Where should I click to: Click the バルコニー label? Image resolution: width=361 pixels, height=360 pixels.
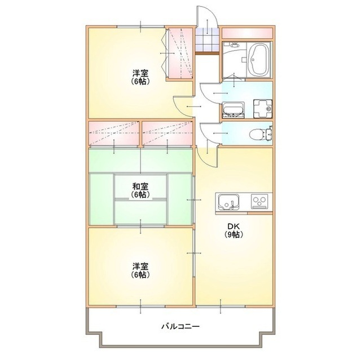coord(180,326)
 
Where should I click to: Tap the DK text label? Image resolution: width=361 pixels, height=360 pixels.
coord(234,227)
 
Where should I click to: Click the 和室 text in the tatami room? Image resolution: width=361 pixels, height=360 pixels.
coord(140,186)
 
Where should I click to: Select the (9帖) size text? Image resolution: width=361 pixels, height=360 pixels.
coord(234,235)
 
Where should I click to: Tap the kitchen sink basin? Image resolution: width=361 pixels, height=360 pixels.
coord(228,201)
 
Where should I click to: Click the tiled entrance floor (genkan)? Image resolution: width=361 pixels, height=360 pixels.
coord(207,41)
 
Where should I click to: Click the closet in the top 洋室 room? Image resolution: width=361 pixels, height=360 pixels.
coord(180,53)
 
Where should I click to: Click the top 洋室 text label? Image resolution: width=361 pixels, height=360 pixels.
coord(140,73)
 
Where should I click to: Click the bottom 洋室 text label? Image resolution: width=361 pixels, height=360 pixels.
coord(140,266)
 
